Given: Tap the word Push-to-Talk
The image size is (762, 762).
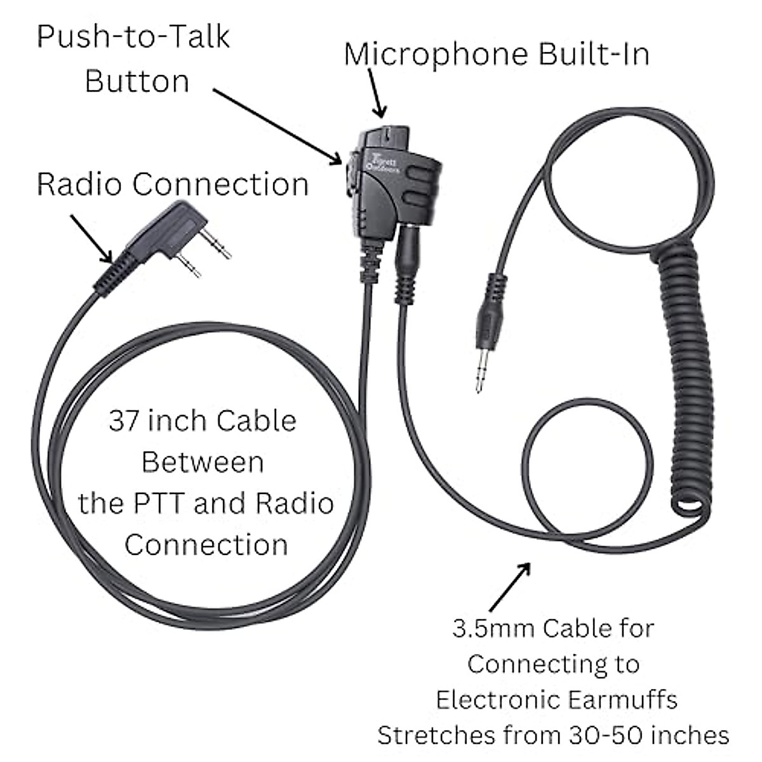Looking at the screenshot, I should [133, 37].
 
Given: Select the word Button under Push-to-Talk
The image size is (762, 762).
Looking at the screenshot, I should [137, 81].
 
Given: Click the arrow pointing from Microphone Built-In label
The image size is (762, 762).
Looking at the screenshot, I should [376, 94].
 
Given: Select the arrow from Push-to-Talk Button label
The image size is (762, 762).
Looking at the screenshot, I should [276, 126].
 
